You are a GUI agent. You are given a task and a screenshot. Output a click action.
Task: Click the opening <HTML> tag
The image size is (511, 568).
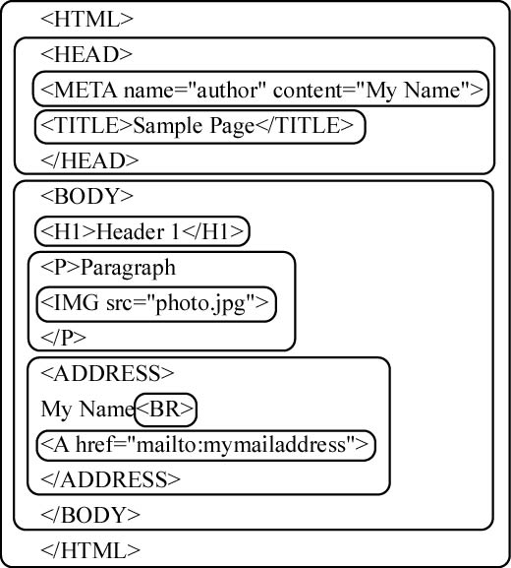point(86,19)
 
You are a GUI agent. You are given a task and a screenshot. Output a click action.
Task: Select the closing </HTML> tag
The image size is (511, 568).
point(90,550)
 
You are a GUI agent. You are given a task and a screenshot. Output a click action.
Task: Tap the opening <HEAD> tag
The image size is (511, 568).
point(86,54)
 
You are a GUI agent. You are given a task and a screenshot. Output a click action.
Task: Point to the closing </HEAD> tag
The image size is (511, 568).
point(89,160)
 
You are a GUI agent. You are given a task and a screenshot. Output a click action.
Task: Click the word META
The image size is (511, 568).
point(85,90)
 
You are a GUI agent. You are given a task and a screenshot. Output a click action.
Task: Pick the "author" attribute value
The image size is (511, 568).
point(228,90)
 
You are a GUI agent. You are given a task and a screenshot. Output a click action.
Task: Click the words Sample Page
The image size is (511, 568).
point(194,126)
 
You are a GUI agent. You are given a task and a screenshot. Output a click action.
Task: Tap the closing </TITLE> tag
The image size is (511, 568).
point(304,125)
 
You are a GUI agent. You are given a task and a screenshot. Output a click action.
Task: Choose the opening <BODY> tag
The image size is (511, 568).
point(86,196)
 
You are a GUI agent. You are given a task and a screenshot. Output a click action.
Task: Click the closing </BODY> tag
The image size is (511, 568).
point(90,515)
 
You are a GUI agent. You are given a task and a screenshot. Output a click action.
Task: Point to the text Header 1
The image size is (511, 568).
point(138,232)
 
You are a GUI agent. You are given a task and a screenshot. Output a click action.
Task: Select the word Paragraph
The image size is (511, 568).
point(128,268)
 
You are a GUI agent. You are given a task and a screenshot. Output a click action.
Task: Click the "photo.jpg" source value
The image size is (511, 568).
point(200,303)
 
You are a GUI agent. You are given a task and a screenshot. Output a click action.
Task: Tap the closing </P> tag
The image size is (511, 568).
point(63,338)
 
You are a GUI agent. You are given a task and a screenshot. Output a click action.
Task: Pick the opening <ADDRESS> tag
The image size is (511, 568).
point(107,373)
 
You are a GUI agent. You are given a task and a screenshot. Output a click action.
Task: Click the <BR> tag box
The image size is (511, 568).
point(165,410)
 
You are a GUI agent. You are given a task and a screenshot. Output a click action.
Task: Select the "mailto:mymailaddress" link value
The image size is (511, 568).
point(241,445)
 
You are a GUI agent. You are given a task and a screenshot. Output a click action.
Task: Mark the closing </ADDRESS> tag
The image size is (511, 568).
point(110,479)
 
